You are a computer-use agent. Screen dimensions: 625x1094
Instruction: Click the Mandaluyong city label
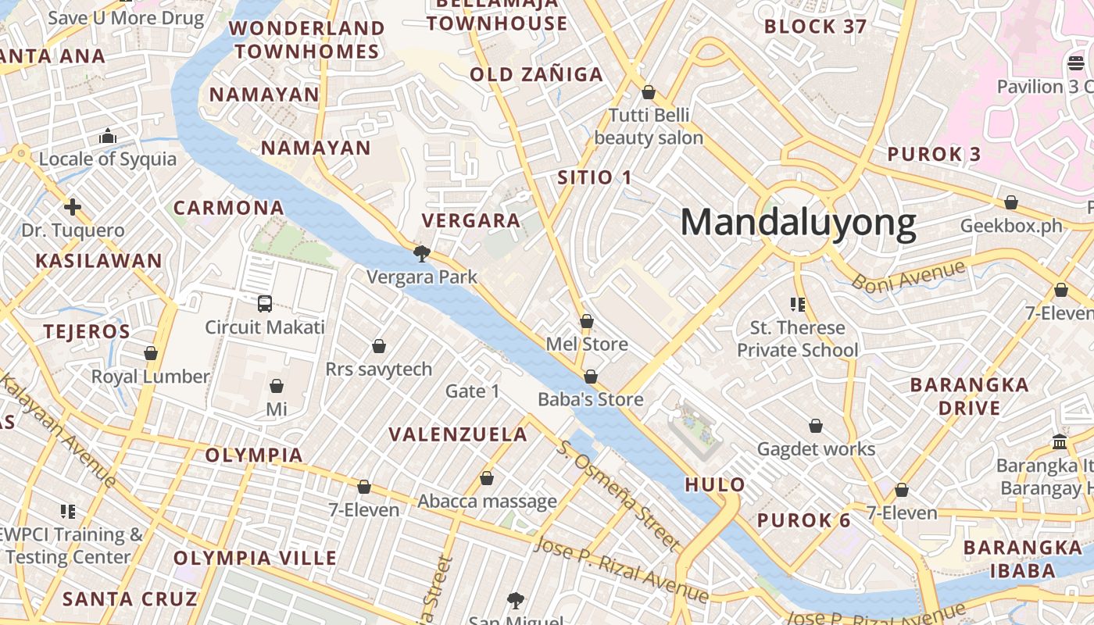(798, 223)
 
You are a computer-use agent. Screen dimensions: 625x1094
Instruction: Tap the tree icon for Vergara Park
(422, 253)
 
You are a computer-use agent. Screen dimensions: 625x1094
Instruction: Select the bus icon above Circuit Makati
(265, 304)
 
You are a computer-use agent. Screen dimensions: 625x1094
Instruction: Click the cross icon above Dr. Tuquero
(73, 207)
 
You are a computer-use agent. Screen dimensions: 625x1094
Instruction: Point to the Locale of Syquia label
(108, 159)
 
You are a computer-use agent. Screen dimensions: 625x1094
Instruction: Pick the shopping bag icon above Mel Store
(587, 321)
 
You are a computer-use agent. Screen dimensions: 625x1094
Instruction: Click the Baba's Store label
(591, 399)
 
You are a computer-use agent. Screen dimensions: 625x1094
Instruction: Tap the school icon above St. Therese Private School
(798, 304)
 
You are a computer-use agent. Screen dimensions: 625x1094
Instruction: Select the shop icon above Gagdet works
(816, 426)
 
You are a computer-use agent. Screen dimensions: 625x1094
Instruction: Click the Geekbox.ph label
(1011, 226)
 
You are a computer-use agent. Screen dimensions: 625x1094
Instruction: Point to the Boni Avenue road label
(908, 277)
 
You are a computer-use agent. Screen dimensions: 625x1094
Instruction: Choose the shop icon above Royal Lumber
(151, 353)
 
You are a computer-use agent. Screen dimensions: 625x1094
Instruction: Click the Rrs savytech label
(378, 369)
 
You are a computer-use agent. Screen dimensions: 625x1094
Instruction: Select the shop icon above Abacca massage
(487, 478)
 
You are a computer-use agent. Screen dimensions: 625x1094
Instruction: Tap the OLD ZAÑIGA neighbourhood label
(536, 75)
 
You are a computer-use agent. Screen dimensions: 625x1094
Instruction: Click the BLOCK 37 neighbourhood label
(815, 27)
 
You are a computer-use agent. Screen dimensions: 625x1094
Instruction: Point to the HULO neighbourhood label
(715, 484)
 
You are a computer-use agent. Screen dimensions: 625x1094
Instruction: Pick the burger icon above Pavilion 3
(1076, 62)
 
